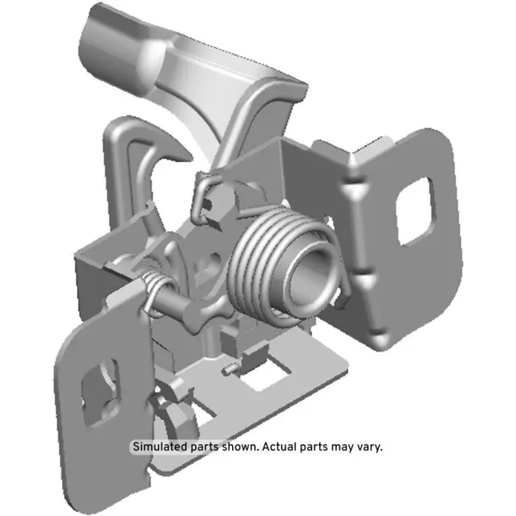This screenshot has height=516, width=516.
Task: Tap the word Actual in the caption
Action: point(271,446)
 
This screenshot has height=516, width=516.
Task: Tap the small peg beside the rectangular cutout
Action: point(231,369)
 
